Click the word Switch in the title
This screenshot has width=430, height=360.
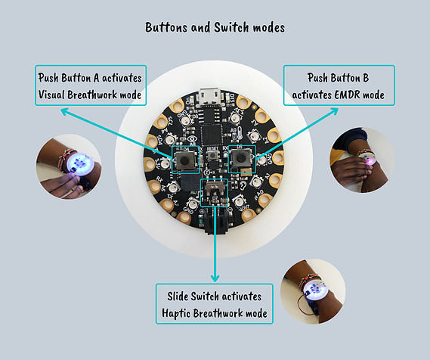click(231, 27)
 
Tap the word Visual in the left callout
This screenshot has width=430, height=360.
click(51, 95)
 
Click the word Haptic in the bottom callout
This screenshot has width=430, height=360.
click(176, 313)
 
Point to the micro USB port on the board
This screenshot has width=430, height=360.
click(210, 96)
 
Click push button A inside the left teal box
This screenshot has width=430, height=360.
click(184, 160)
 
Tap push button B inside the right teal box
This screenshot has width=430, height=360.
click(241, 158)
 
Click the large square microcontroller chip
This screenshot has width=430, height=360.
click(212, 135)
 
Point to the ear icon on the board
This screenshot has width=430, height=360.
click(243, 185)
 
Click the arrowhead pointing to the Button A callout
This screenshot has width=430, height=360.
click(65, 111)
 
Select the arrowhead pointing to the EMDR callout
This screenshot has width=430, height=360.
click(334, 111)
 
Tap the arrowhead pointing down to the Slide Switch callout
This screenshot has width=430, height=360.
click(215, 278)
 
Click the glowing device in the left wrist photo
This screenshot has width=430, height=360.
click(81, 163)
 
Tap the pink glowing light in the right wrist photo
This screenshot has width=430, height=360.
click(370, 161)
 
